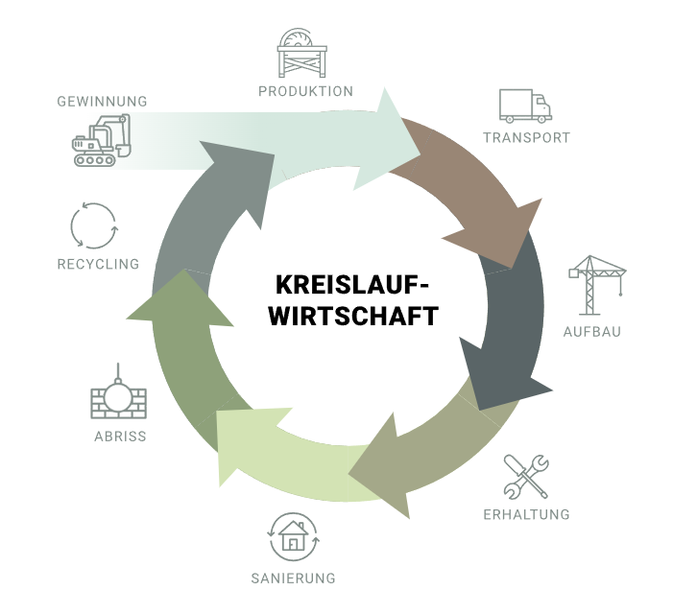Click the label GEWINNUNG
pos(101,101)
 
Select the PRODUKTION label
pos(305,91)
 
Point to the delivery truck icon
pos(525,106)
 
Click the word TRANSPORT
pos(526,137)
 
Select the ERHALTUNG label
pos(526,514)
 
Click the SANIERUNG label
pos(294,579)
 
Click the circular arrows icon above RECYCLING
pos(94,225)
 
